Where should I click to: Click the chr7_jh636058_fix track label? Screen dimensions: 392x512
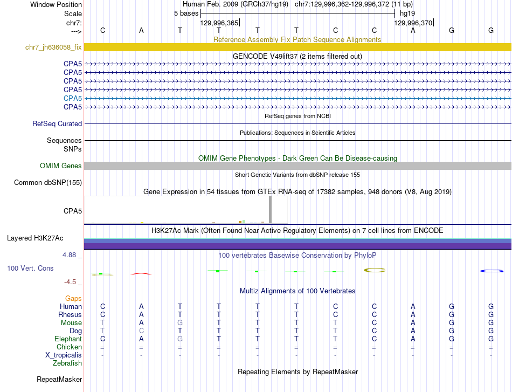[53, 47]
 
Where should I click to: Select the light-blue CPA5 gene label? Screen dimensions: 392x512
[72, 98]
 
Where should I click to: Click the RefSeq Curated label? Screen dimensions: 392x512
[57, 124]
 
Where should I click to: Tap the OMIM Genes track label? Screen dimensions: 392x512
[60, 166]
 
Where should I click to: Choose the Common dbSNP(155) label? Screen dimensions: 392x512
[47, 183]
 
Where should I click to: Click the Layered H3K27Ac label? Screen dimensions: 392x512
[35, 238]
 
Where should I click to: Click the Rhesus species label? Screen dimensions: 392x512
[70, 315]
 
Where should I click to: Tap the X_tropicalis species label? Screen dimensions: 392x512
[64, 355]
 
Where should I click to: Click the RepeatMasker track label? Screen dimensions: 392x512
[59, 380]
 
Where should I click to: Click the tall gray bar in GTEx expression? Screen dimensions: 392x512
[270, 209]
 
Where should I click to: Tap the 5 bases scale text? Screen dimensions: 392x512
[186, 13]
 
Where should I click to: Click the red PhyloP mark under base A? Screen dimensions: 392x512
[141, 273]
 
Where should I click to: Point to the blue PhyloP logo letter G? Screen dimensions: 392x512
[491, 271]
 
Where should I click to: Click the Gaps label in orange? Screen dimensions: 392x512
[73, 298]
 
